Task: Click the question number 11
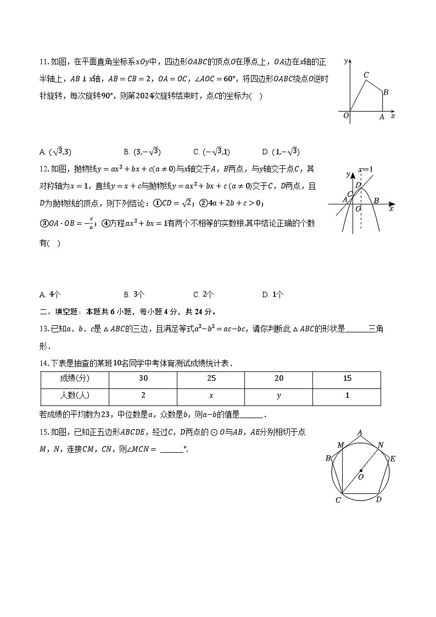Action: coord(44,62)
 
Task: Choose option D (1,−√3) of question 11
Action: coord(281,152)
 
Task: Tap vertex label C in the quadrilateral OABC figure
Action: coord(366,75)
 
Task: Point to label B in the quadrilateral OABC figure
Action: coord(386,92)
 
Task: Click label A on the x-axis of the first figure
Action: coord(382,116)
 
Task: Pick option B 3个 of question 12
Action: coord(135,294)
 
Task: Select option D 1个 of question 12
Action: coord(273,294)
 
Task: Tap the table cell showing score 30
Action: coord(143,379)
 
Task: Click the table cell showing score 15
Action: coord(347,379)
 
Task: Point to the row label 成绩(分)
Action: coord(75,379)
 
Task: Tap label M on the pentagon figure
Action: coord(340,444)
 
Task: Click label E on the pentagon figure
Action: coord(393,459)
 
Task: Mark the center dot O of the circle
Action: coord(361,470)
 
